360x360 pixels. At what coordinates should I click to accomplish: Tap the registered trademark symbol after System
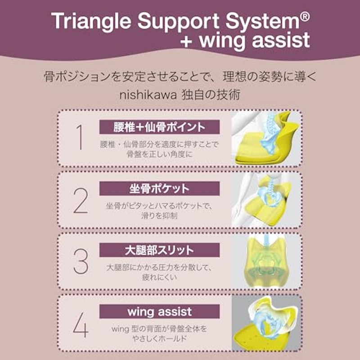tap(305, 17)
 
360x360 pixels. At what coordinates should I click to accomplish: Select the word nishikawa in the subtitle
tap(148, 95)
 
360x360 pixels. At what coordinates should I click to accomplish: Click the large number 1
tap(80, 137)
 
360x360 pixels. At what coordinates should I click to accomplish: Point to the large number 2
tap(81, 200)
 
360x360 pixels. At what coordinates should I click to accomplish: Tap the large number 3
tap(81, 261)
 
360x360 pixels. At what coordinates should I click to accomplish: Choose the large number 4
tap(81, 324)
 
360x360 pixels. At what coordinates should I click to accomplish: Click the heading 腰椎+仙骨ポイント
tap(159, 127)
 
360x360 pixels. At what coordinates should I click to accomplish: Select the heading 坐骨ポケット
tap(159, 189)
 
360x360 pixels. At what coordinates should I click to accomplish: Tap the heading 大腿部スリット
tap(159, 250)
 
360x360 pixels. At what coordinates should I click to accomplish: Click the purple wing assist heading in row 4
tap(159, 311)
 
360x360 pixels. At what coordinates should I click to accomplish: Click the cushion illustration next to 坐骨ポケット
tap(266, 200)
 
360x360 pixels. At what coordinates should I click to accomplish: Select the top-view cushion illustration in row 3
tap(266, 261)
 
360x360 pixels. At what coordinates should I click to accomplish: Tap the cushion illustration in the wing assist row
tap(266, 323)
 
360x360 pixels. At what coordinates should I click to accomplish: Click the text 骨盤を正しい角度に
tap(160, 154)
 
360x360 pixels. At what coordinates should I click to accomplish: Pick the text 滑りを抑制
tap(160, 216)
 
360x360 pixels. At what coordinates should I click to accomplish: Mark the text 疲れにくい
tap(160, 277)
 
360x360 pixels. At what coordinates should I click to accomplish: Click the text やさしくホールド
tap(160, 339)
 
